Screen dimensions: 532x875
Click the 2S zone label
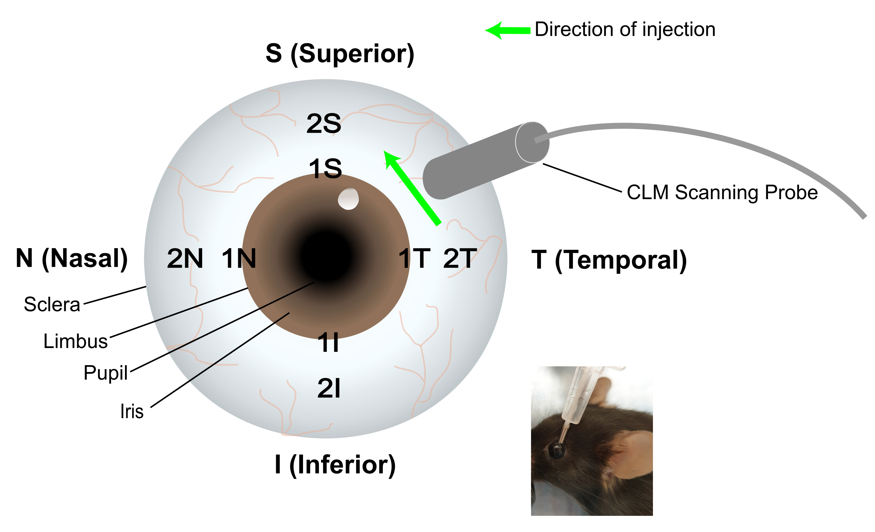[x=324, y=124]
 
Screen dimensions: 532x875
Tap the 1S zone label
[x=325, y=168]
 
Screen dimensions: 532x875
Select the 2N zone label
[x=185, y=259]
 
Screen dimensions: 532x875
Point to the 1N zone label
[x=239, y=259]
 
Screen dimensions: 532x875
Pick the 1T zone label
[x=414, y=259]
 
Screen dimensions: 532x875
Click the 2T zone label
[x=460, y=259]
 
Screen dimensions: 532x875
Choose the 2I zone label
[x=329, y=388]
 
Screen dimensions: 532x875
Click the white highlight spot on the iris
[x=348, y=199]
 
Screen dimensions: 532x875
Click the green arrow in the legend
[x=508, y=31]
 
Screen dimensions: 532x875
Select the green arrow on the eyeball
[x=412, y=188]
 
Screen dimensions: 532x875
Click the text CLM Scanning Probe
[x=722, y=193]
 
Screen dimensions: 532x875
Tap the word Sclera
[x=52, y=304]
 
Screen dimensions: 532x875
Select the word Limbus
[x=75, y=341]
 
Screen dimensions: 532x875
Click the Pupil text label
[x=105, y=373]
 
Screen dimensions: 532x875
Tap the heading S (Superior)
[x=340, y=54]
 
